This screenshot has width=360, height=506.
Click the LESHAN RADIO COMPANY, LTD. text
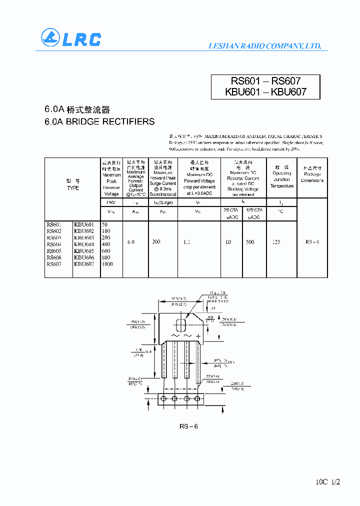point(264,46)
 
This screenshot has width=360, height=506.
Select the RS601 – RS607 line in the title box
point(265,81)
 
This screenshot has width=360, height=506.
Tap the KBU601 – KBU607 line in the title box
point(265,92)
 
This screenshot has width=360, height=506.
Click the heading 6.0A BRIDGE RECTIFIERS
point(99,121)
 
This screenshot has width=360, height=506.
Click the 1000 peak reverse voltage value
point(107,264)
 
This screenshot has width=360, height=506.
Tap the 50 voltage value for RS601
point(104,225)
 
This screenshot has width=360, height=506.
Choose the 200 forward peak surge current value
point(156,242)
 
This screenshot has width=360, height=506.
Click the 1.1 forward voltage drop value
point(187,242)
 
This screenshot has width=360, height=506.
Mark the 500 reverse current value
point(250,242)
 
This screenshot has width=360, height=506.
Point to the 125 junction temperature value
point(276,242)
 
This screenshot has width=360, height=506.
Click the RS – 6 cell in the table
point(312,242)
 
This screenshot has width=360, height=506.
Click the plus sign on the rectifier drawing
point(198,336)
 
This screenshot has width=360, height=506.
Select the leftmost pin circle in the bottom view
point(163,398)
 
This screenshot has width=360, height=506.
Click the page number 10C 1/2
point(328,482)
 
